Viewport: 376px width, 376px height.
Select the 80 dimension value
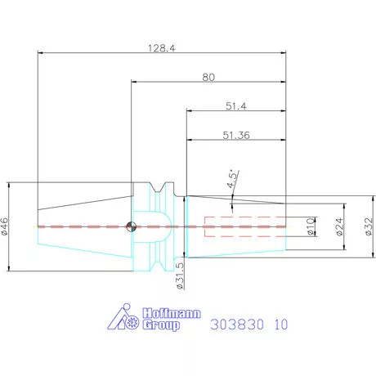[209, 77]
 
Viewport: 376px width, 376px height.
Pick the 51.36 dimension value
[235, 136]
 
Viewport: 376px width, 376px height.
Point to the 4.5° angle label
[235, 179]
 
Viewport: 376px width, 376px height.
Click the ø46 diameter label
[7, 226]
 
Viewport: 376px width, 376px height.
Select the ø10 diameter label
[311, 226]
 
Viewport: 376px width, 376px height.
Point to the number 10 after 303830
[280, 324]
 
